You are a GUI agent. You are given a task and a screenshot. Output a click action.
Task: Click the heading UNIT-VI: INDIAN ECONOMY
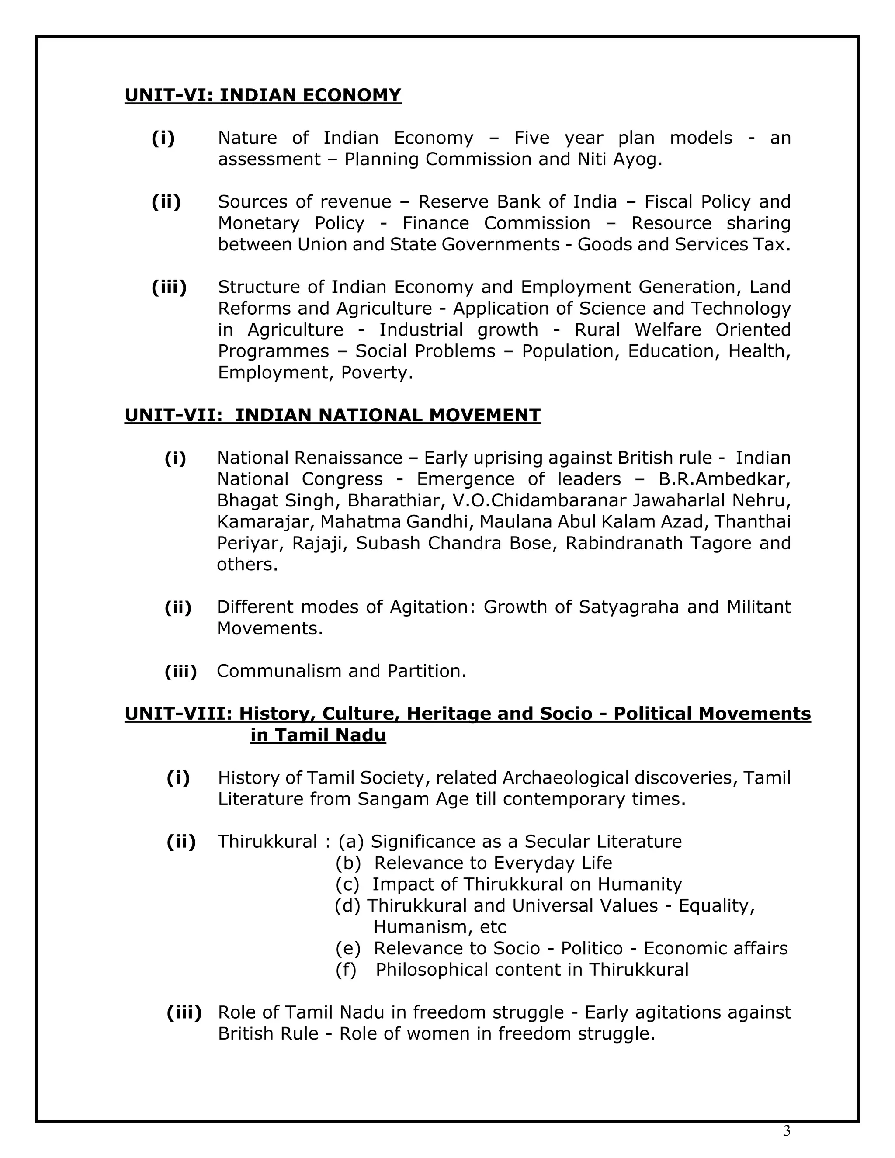(x=263, y=95)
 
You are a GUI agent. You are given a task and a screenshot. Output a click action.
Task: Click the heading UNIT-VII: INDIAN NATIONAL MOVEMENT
(x=333, y=415)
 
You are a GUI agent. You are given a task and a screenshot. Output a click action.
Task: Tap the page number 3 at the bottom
(x=786, y=1131)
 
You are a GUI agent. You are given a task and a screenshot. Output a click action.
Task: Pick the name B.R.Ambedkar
(x=724, y=479)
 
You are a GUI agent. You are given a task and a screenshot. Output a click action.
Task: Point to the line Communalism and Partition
(x=341, y=671)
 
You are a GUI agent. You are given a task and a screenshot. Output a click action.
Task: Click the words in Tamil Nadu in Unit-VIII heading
(x=318, y=735)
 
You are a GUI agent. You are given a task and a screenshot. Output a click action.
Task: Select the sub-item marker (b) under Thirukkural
(x=348, y=863)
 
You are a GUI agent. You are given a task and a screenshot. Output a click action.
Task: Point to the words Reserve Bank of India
(x=517, y=202)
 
